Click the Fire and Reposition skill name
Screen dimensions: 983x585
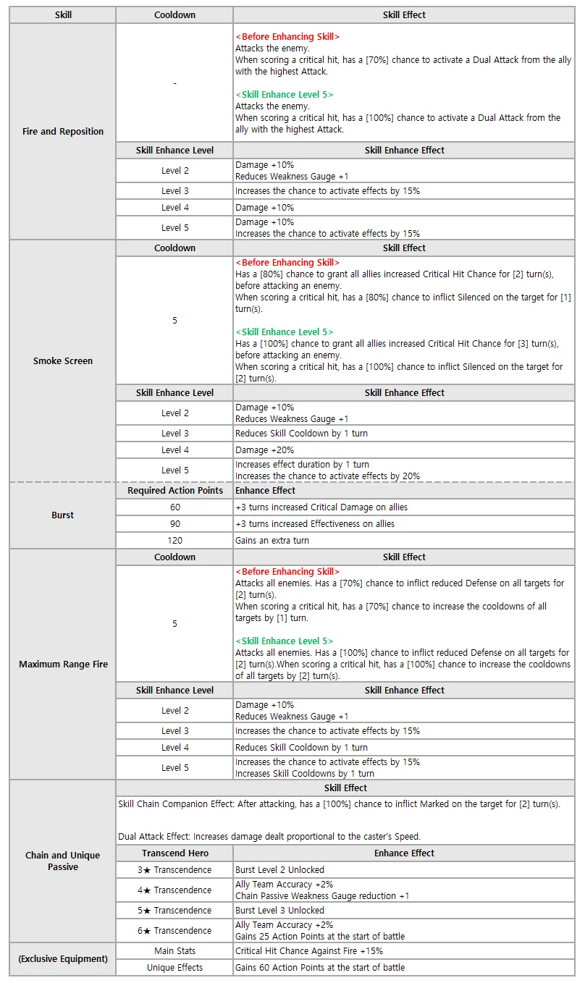(63, 132)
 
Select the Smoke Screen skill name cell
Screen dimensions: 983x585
(63, 360)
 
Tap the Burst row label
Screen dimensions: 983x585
(63, 515)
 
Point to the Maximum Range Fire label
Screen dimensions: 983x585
(63, 665)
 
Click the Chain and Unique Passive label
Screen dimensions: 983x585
(63, 861)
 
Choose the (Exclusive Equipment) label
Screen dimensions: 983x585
(63, 959)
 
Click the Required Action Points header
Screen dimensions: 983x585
(174, 491)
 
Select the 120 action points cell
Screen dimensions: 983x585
(174, 541)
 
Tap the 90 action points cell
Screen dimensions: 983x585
(174, 524)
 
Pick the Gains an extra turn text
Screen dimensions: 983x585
(271, 541)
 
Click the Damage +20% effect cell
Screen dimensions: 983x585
(264, 450)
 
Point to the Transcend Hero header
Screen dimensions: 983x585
(174, 853)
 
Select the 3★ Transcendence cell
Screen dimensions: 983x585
(174, 870)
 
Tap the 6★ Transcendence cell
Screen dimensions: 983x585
(174, 931)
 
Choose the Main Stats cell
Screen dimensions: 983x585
(174, 951)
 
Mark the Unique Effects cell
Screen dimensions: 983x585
(174, 968)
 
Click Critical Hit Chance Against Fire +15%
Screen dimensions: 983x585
(309, 951)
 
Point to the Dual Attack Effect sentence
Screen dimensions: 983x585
(269, 837)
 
